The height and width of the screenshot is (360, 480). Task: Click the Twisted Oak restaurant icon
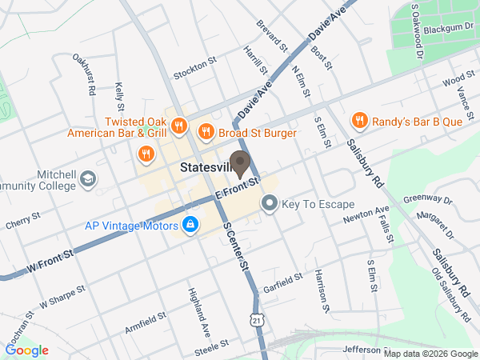click(178, 126)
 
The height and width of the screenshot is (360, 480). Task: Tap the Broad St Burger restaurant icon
click(206, 131)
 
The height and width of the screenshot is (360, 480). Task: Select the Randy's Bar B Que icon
click(360, 121)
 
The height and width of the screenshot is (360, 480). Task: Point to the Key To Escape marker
click(270, 205)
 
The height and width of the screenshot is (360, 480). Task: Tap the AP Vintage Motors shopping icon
click(190, 226)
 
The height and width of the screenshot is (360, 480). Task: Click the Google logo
click(27, 350)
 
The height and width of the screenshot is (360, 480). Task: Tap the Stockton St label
click(195, 71)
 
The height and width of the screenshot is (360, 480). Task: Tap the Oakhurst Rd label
click(84, 74)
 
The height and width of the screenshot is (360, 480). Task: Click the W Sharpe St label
click(62, 300)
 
